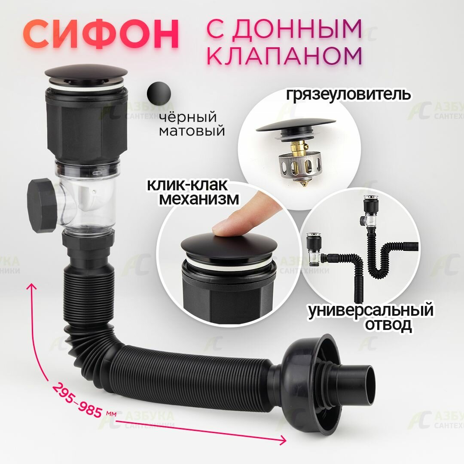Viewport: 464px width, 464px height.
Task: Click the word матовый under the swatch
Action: (x=192, y=130)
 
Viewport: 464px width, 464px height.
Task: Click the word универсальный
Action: (x=371, y=310)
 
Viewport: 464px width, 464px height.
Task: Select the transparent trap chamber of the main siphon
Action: (x=88, y=202)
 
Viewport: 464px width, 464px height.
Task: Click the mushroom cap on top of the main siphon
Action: (x=86, y=74)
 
